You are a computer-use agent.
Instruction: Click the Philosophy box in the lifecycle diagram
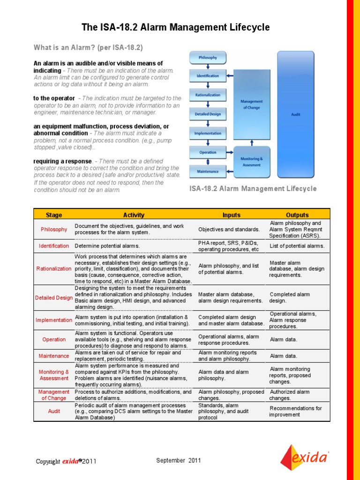coord(208,58)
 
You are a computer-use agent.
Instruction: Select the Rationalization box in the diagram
coord(208,95)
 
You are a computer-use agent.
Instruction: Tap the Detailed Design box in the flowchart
coord(208,114)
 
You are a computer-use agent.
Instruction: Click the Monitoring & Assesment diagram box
coord(252,162)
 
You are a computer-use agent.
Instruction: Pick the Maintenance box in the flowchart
coord(208,171)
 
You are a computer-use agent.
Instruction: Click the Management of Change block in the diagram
coord(252,104)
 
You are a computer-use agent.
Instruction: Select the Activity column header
coord(134,215)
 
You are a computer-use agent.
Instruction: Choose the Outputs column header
coord(297,215)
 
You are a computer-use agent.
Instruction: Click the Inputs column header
coord(231,215)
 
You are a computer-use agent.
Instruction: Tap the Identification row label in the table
coord(53,246)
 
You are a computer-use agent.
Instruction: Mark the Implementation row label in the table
coord(53,320)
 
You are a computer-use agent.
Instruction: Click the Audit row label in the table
coord(53,412)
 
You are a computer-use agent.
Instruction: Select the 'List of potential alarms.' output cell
coord(297,246)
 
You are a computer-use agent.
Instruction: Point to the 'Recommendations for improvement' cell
coord(295,412)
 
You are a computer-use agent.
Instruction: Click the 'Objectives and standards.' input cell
coord(229,230)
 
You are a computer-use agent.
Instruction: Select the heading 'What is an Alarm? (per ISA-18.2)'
coord(88,48)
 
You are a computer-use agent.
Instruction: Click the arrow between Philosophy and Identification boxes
coord(208,67)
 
